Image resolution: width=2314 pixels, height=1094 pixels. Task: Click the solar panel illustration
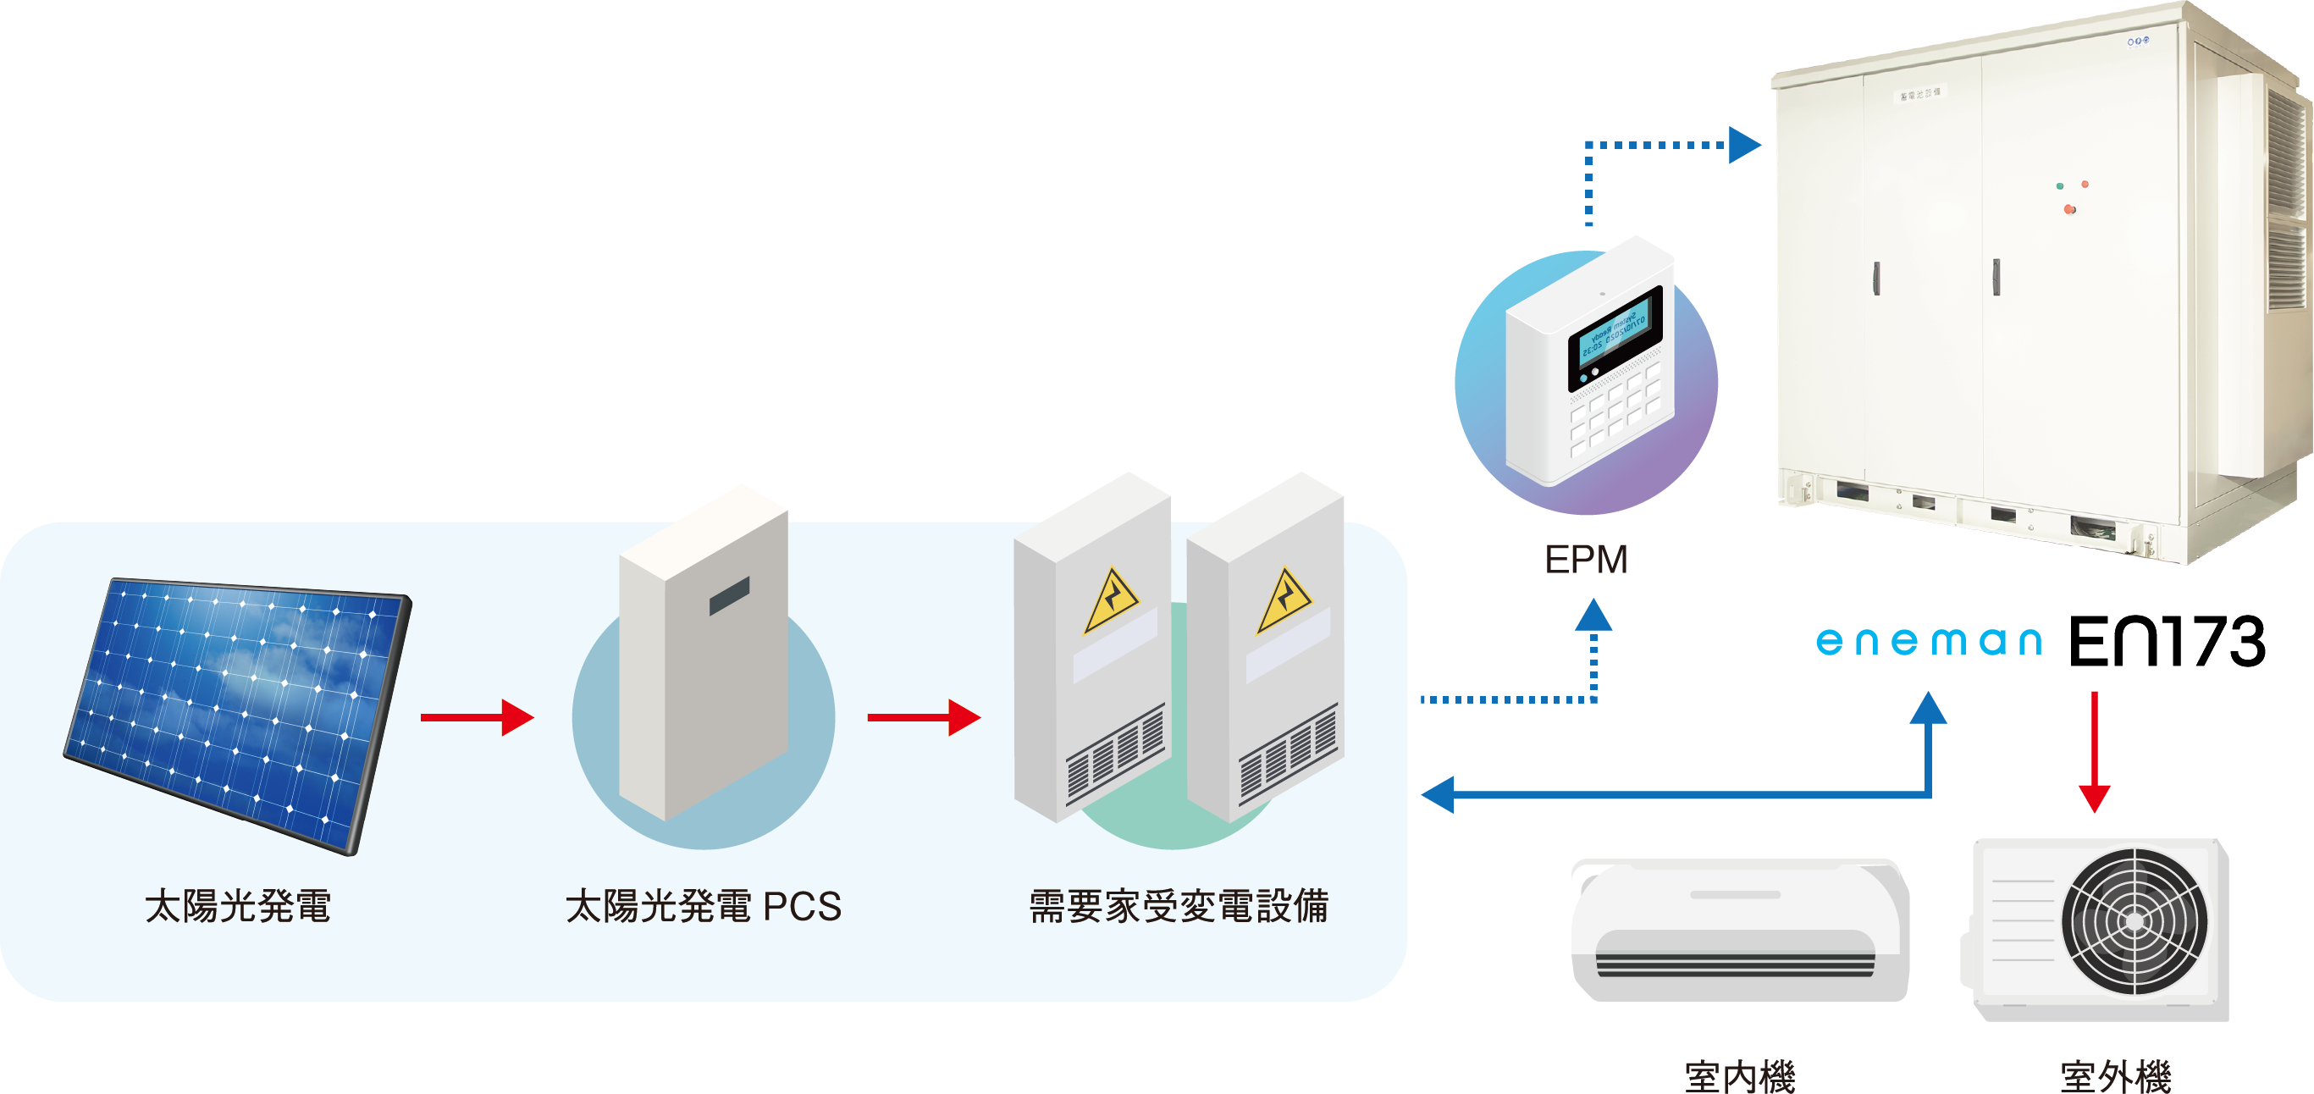click(238, 714)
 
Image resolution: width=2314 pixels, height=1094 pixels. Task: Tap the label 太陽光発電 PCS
click(704, 906)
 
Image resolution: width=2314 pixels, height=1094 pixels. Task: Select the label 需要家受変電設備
click(1178, 906)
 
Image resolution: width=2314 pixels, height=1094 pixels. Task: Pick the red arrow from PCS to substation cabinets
click(924, 716)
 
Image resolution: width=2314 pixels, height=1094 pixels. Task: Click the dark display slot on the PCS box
click(728, 596)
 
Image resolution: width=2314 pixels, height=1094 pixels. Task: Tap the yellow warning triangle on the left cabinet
click(1110, 602)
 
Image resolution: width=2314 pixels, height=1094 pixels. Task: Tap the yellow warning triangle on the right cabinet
click(1284, 602)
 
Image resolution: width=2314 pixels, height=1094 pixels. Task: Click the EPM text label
click(1586, 560)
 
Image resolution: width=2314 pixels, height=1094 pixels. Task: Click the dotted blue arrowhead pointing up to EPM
click(1593, 616)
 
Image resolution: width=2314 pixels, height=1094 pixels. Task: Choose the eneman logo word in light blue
click(1928, 641)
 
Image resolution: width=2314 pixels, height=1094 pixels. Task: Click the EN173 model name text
click(2167, 641)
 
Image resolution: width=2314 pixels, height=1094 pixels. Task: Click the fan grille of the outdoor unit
click(2134, 920)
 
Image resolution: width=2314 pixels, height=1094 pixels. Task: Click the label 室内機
click(1739, 1075)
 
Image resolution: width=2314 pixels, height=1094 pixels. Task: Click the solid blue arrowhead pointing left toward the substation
click(1439, 794)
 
